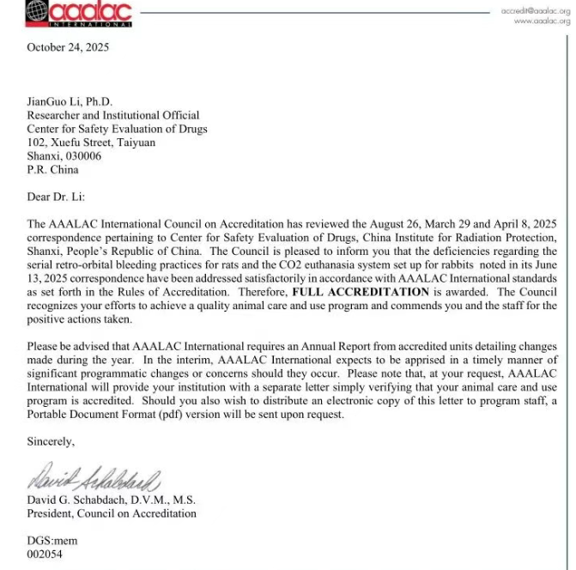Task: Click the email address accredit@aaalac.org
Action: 537,9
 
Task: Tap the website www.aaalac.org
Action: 542,21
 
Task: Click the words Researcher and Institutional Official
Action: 113,115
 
